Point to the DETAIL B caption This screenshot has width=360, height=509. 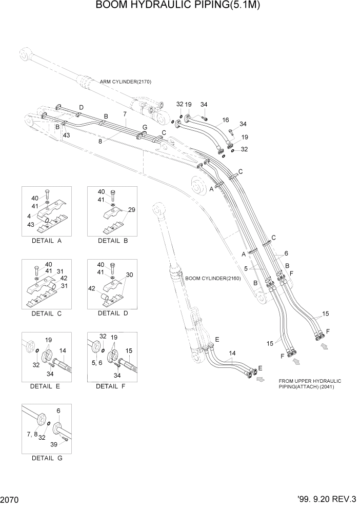[x=112, y=240]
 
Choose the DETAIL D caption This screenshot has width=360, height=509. [x=112, y=313]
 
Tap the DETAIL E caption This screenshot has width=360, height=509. [x=45, y=386]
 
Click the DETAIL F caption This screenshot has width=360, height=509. [x=111, y=386]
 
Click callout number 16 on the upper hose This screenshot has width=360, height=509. [x=225, y=120]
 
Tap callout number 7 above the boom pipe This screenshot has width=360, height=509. [x=124, y=113]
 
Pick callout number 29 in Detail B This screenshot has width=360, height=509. [x=132, y=210]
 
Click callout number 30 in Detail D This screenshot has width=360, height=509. [x=130, y=275]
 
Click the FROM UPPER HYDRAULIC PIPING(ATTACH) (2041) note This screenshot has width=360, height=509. [x=310, y=384]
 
